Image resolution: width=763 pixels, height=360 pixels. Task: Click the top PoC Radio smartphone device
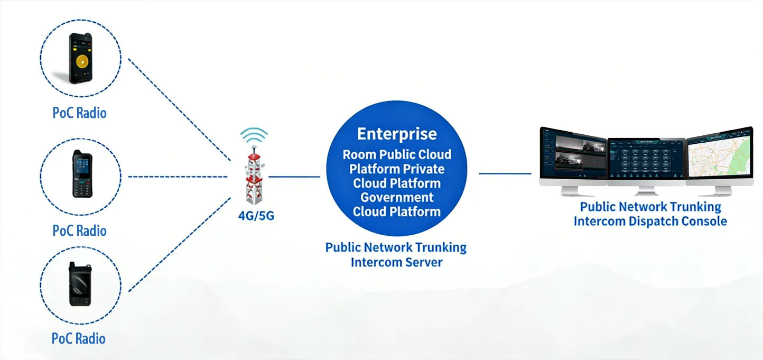81,58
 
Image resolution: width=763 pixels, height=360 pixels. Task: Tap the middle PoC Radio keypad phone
82,174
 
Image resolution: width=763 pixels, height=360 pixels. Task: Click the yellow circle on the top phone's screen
82,62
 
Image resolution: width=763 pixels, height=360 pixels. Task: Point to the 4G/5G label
256,216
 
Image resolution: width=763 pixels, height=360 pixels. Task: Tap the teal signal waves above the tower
254,136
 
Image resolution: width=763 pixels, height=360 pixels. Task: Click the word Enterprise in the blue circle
397,134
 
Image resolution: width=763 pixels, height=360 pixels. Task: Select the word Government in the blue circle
397,198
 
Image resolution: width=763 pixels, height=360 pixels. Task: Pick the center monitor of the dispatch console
646,161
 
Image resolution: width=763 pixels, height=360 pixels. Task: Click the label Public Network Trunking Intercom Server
396,254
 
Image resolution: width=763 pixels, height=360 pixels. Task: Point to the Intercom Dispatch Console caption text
650,221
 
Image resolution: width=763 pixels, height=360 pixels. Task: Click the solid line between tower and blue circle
294,177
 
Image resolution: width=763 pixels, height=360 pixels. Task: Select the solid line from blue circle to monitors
505,173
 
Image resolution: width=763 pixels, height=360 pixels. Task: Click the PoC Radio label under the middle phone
80,230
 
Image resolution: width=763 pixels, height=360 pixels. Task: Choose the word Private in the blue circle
424,169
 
